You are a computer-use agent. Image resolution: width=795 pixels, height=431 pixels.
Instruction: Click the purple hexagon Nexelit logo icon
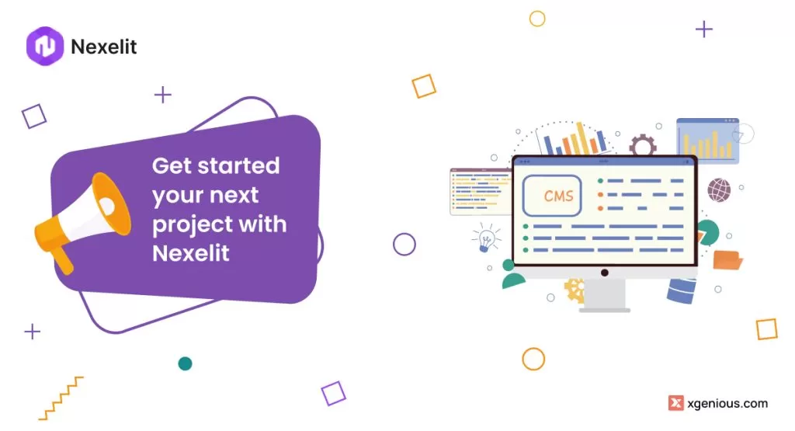coord(45,46)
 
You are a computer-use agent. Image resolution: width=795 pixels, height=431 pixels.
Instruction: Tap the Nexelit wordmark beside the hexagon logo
coord(104,47)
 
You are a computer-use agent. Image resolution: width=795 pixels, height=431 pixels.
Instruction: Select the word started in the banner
coord(238,166)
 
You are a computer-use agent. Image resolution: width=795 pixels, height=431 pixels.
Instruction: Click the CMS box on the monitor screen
coord(552,196)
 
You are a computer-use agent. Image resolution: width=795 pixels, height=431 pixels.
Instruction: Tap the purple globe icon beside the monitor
coord(719,190)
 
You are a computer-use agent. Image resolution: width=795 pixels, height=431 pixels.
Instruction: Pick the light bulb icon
coord(486,238)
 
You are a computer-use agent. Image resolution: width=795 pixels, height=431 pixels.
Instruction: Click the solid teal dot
coord(185,363)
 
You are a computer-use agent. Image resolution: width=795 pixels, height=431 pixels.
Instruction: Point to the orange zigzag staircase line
coord(61,398)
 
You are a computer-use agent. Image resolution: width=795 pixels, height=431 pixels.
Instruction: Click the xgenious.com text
coord(727,404)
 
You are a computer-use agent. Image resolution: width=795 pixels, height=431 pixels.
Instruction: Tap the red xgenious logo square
coord(676,403)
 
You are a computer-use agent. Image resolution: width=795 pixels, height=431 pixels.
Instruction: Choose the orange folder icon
coord(727,260)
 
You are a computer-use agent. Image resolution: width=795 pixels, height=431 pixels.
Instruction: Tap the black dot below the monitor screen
coord(604,273)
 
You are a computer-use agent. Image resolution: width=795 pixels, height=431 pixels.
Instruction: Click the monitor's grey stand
coord(604,295)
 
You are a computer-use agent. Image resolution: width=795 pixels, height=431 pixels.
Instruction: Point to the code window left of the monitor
coord(480,192)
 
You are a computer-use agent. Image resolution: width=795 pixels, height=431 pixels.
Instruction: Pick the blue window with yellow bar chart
coord(707,141)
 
